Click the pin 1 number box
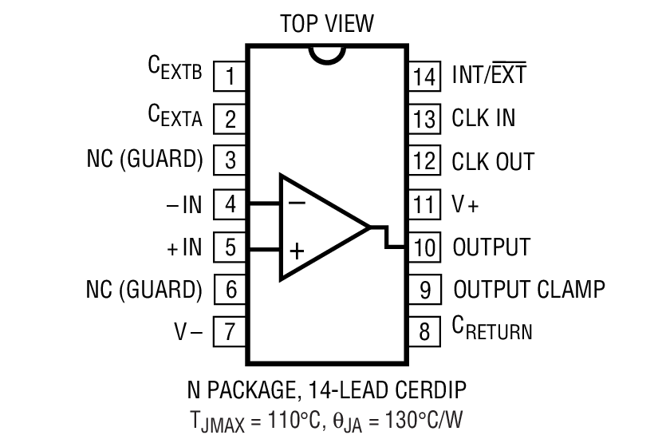tap(230, 77)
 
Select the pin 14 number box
tap(425, 77)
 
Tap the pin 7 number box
tap(230, 331)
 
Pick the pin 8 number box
tap(425, 331)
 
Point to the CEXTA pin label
tap(175, 117)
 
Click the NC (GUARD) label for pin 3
tap(144, 160)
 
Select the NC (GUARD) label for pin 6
tap(144, 288)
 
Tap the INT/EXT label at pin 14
tap(489, 75)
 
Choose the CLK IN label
tap(483, 118)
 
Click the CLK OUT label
tap(492, 161)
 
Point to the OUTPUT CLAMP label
tap(529, 288)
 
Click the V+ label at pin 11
tap(466, 204)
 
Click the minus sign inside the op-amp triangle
tap(297, 203)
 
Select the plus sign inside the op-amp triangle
tap(297, 252)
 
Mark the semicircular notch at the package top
tap(328, 54)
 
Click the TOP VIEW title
tap(327, 24)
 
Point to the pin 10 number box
tap(425, 247)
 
